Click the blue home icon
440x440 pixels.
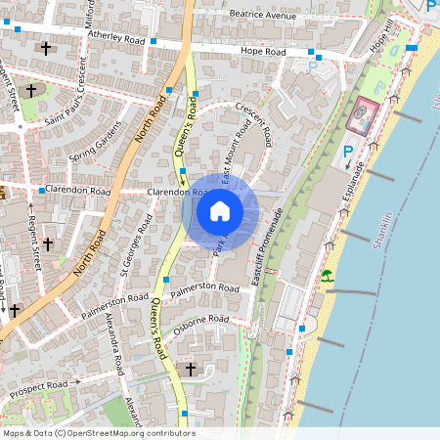click(x=220, y=210)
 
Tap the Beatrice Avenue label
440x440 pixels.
click(x=262, y=17)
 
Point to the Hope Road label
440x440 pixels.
click(x=264, y=50)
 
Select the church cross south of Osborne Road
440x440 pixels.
click(x=191, y=369)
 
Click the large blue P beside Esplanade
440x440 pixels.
click(x=348, y=153)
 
